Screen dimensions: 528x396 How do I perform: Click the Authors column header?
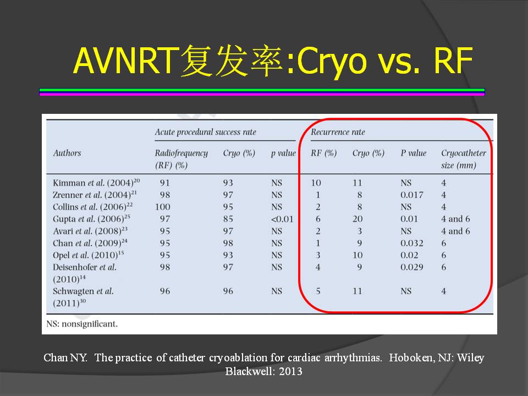click(67, 153)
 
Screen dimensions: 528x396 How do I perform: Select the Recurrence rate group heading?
click(338, 132)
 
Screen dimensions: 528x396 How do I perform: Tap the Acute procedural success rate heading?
click(205, 132)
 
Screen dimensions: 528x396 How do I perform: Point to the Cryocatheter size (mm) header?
click(463, 159)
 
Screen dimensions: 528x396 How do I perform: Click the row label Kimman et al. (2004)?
click(96, 183)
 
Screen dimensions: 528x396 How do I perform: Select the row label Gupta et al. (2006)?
click(91, 219)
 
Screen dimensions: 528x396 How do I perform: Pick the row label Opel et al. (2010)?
click(88, 255)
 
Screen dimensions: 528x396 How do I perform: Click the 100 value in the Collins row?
click(163, 207)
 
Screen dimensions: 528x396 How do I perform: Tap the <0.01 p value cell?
click(282, 219)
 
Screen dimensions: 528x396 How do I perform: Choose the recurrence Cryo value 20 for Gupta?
click(358, 219)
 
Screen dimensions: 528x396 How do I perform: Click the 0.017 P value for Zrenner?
click(412, 195)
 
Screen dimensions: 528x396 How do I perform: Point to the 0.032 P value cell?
click(412, 243)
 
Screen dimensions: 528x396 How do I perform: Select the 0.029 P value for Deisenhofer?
click(412, 267)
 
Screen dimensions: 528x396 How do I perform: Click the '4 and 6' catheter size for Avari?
click(455, 231)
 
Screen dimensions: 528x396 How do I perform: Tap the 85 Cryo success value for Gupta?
click(228, 219)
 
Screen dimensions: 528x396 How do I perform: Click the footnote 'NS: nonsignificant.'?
click(82, 324)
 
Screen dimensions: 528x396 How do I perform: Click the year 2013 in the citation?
click(290, 371)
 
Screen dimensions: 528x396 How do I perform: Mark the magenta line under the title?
click(262, 94)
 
